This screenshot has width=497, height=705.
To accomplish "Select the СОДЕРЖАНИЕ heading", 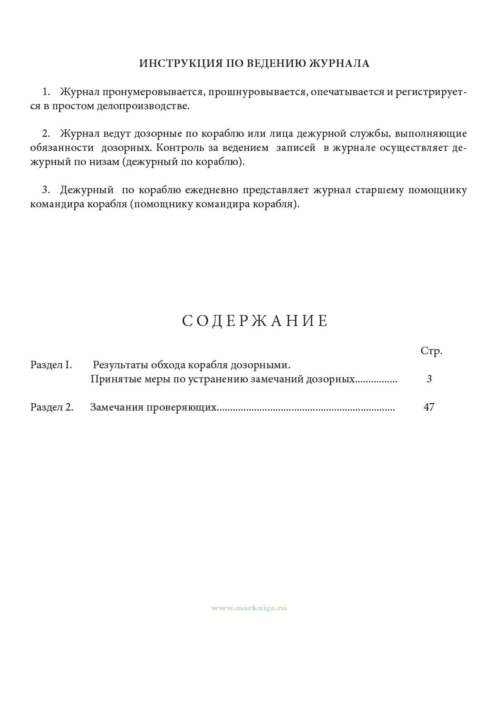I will tap(255, 321).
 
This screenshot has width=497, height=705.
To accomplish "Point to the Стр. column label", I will tap(431, 351).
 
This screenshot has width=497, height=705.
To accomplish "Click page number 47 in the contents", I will tap(429, 407).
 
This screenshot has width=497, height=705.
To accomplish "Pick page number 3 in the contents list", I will tap(429, 379).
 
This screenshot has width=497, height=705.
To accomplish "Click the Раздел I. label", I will tap(51, 365).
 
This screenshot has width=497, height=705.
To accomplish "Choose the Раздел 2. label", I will tap(52, 407).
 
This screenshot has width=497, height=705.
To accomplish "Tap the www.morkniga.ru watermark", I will tap(249, 608).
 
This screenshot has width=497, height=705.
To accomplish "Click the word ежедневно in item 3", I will tap(211, 190).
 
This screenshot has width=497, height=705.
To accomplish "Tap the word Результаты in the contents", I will tap(120, 365).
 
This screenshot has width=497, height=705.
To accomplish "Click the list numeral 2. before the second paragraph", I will tap(46, 134).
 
